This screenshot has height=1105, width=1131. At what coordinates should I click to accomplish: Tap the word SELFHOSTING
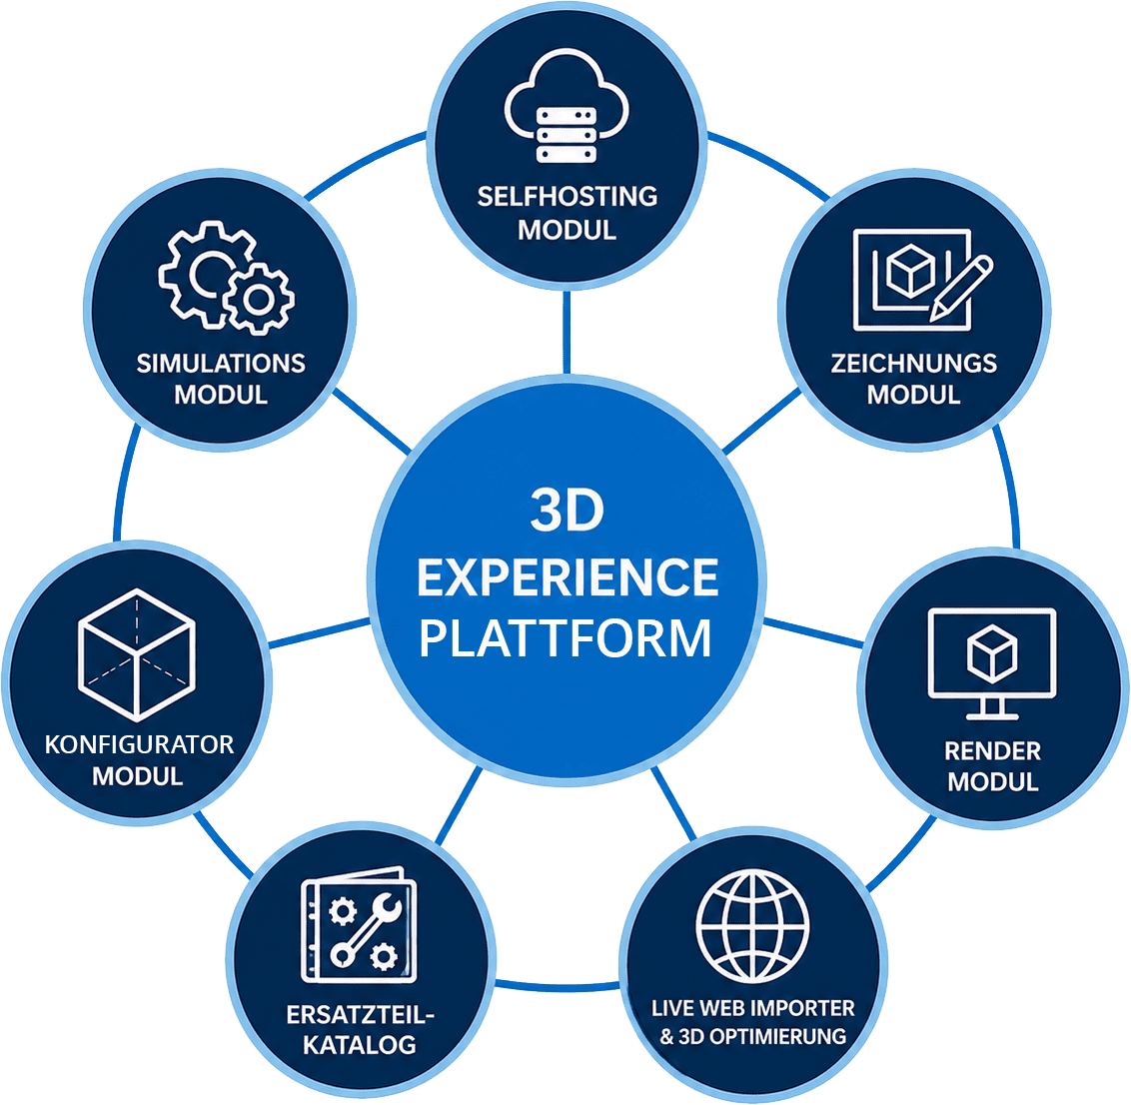(566, 196)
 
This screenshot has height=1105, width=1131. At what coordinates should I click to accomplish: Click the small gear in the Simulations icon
(258, 299)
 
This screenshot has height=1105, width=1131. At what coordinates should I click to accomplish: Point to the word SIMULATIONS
(221, 363)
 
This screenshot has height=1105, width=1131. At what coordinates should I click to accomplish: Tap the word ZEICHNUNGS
(914, 363)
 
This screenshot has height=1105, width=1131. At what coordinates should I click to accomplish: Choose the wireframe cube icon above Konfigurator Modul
(136, 655)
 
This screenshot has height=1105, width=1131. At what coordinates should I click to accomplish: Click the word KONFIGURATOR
(139, 744)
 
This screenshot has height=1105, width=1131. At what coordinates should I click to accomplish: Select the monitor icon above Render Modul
(992, 662)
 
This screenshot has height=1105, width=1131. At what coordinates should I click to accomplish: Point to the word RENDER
(992, 751)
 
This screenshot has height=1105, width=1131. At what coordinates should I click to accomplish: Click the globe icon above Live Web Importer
(752, 926)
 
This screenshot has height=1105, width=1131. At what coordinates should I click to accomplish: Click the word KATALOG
(360, 1045)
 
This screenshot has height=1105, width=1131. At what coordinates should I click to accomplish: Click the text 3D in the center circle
(566, 510)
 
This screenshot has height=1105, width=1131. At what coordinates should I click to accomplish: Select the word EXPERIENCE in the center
(567, 577)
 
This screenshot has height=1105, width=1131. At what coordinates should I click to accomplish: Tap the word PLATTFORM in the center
(565, 637)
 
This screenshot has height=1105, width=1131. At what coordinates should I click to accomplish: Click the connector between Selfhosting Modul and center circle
(566, 332)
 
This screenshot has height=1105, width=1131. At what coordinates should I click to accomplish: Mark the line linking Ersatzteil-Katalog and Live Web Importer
(557, 985)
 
